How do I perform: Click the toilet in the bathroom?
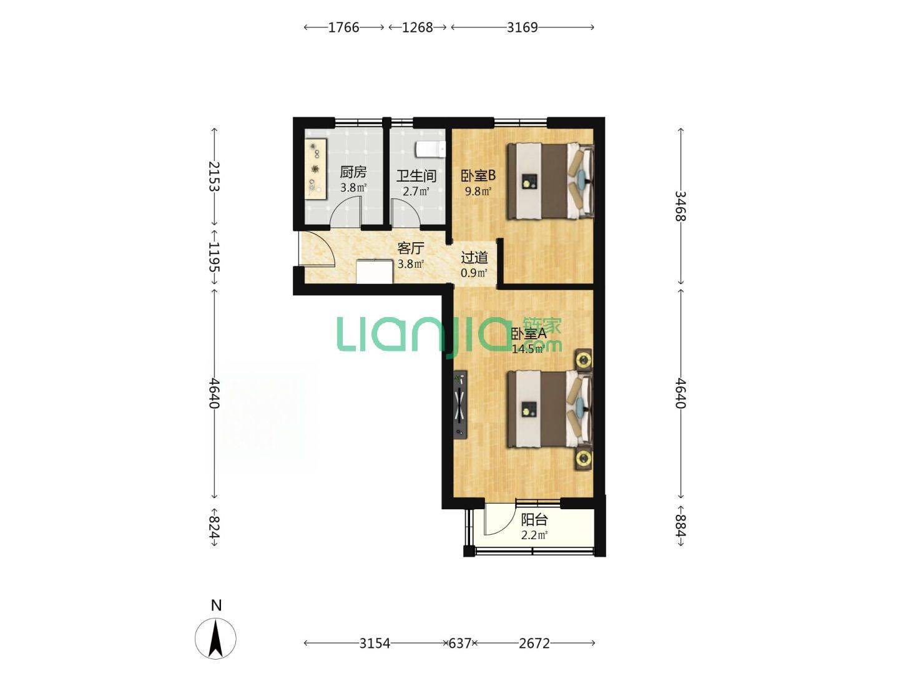click(430, 149)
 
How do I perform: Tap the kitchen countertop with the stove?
click(315, 169)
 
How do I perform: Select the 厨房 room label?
click(353, 172)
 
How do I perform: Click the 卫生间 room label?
click(416, 176)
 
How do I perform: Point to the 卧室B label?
click(478, 176)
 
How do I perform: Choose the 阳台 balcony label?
click(534, 520)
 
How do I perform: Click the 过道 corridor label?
click(474, 258)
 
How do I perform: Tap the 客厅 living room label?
click(410, 248)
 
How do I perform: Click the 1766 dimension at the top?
click(344, 27)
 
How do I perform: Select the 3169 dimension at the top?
click(522, 27)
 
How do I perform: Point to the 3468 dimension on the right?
click(680, 206)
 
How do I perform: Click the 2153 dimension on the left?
click(214, 177)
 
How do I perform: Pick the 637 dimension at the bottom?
click(460, 643)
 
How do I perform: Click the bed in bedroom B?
click(551, 181)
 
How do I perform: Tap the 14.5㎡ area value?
click(528, 349)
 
